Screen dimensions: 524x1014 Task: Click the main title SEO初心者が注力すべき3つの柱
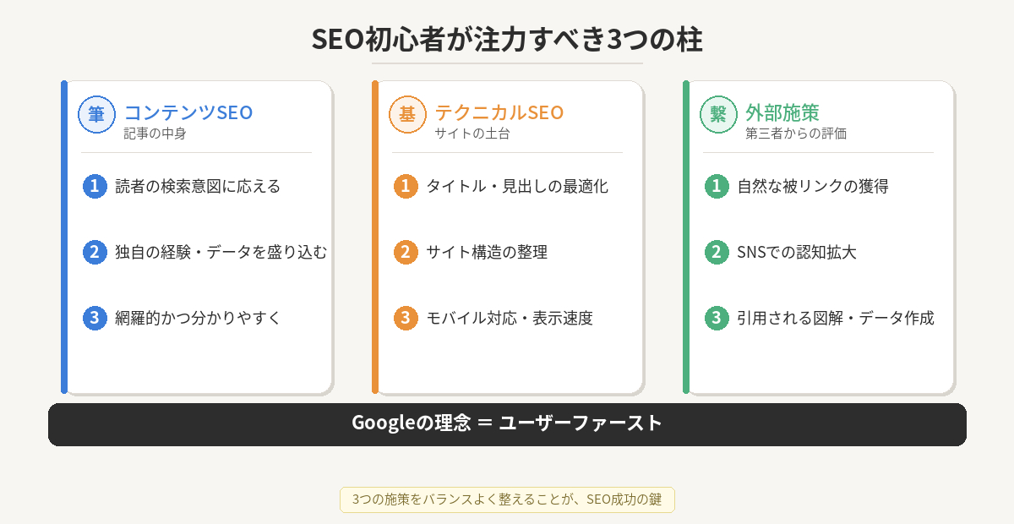click(x=507, y=40)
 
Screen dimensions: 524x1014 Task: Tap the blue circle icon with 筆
click(x=96, y=114)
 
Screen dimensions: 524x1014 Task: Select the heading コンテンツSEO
click(x=188, y=112)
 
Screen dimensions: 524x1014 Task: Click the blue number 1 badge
click(x=95, y=186)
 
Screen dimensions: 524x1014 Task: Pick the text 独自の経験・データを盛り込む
click(x=221, y=252)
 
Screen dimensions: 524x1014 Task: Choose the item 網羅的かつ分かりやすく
click(x=197, y=318)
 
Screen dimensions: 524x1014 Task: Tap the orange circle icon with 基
click(x=407, y=114)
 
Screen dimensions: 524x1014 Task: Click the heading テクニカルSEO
click(x=499, y=112)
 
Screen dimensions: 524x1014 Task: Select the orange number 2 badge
click(x=406, y=252)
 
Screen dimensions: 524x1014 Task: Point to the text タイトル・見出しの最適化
click(x=516, y=186)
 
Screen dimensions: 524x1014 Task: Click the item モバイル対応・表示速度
click(x=509, y=318)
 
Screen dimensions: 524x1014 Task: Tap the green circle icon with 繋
click(x=718, y=114)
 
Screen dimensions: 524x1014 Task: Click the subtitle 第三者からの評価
click(x=796, y=134)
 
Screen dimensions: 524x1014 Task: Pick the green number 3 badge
click(x=717, y=318)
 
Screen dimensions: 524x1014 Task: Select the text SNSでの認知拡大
click(x=796, y=252)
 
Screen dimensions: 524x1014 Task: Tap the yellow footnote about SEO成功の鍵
click(x=507, y=499)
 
